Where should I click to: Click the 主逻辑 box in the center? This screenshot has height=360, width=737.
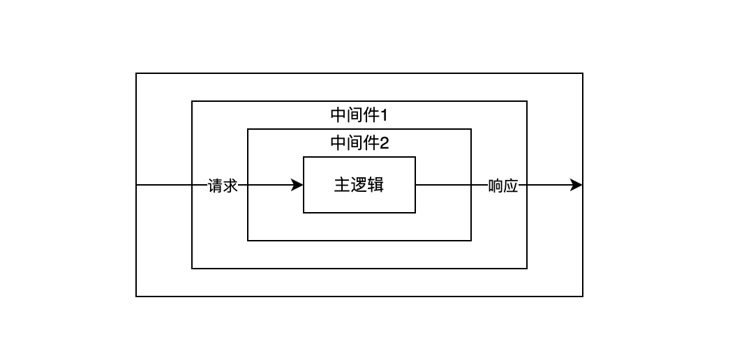(359, 185)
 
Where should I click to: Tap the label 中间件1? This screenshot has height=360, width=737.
(359, 115)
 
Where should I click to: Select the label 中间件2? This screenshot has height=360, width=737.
(359, 143)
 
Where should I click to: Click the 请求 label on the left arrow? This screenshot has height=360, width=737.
(223, 186)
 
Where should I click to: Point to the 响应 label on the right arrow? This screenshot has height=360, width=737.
(503, 186)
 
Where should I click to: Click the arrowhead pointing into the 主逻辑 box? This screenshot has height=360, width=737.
(297, 185)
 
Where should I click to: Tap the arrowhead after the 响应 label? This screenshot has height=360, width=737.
(576, 185)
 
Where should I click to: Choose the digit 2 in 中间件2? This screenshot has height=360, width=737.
(385, 143)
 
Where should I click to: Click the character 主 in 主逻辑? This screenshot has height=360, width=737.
(342, 185)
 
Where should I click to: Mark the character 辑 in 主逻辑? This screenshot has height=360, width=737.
(376, 185)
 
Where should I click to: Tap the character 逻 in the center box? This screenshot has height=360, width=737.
(359, 185)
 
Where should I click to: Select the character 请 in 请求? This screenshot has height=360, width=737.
(215, 186)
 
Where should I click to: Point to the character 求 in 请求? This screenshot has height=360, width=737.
(230, 186)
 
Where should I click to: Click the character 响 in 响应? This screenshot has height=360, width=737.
(496, 186)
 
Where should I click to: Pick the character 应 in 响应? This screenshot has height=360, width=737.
(511, 186)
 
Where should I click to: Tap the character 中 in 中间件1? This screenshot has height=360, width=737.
(338, 115)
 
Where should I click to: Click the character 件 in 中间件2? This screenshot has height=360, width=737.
(371, 143)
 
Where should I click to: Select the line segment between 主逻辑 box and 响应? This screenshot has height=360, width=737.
(452, 185)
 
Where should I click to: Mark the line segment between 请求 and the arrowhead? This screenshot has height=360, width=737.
(265, 185)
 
